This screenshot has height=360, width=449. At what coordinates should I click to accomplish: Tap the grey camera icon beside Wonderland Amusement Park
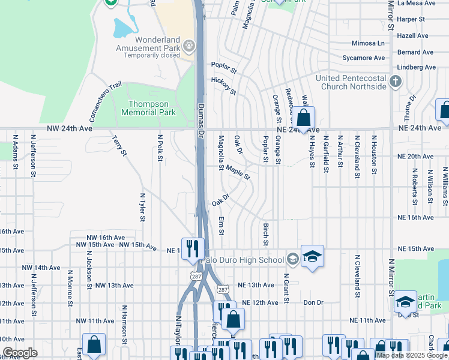189,45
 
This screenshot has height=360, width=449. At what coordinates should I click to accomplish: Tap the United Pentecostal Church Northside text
351,82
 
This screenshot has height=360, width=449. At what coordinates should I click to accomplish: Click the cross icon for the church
395,81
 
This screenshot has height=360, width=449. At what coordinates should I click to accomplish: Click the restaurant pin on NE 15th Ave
193,248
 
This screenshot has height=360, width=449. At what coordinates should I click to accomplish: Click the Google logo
19,353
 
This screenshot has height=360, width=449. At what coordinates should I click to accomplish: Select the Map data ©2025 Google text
412,355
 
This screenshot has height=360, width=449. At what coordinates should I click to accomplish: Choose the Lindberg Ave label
417,68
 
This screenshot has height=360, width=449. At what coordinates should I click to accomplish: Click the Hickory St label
223,86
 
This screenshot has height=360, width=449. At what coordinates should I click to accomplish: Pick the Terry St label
119,146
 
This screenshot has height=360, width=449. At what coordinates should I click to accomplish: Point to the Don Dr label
313,303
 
